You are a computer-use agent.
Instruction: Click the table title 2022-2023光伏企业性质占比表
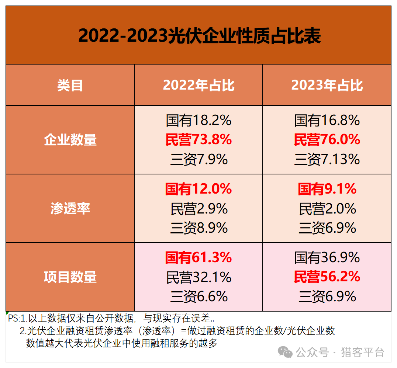(x=199, y=36)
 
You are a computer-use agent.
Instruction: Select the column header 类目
(x=70, y=85)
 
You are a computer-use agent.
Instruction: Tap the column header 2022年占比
(x=198, y=85)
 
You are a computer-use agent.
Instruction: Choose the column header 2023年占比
(x=327, y=85)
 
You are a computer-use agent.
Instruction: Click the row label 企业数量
(x=70, y=140)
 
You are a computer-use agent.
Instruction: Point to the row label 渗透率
(x=70, y=208)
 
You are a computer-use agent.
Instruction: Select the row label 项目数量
(x=70, y=277)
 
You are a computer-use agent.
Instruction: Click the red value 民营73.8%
(x=198, y=140)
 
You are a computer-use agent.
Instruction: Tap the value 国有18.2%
(x=198, y=120)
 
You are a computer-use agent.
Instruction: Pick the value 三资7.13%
(x=327, y=159)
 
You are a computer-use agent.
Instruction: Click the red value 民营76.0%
(x=327, y=140)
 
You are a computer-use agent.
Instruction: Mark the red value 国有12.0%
(x=198, y=189)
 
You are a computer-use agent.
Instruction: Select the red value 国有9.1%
(x=327, y=189)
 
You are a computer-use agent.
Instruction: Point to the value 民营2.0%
(x=327, y=209)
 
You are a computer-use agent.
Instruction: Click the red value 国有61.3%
(x=198, y=257)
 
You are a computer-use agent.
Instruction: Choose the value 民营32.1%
(x=198, y=277)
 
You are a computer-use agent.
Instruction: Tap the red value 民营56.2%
(x=327, y=277)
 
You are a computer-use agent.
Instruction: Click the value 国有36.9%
(x=327, y=257)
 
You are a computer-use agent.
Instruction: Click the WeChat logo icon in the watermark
(x=285, y=352)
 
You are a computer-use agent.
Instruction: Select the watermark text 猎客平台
(x=363, y=352)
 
